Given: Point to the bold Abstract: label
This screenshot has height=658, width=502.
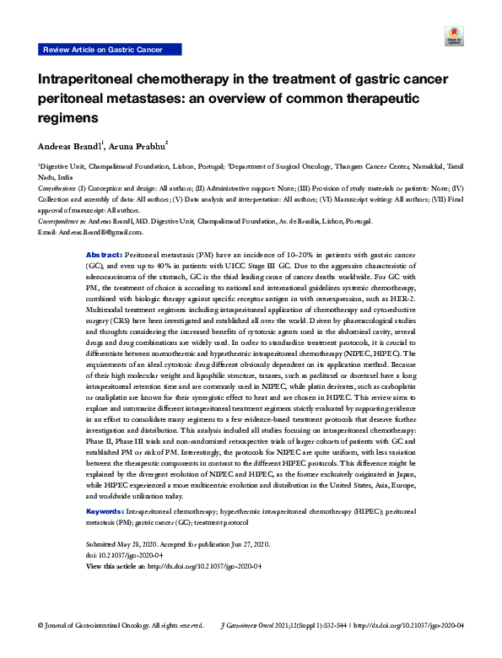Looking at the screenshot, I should [x=105, y=254].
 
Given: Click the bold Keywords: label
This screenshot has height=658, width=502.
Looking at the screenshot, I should [x=105, y=511].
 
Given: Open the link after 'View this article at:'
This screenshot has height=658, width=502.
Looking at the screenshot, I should [x=192, y=566].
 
